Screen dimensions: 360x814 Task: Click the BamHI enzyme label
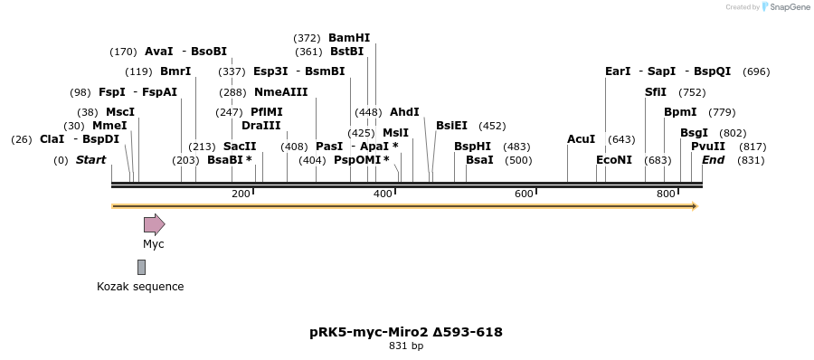click(x=349, y=38)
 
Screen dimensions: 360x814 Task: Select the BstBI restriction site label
click(x=346, y=52)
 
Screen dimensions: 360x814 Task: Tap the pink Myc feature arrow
click(x=154, y=224)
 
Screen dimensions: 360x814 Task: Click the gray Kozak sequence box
click(x=141, y=267)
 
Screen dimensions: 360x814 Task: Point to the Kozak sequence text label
click(x=140, y=287)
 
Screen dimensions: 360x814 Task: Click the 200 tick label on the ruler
click(x=241, y=194)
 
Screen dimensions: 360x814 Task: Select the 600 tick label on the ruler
click(x=524, y=194)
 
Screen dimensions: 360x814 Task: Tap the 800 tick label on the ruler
click(x=666, y=194)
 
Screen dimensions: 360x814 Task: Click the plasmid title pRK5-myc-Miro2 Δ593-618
click(x=406, y=332)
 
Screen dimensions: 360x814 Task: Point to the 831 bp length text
click(x=406, y=346)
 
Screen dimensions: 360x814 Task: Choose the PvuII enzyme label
click(x=708, y=147)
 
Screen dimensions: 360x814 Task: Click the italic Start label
click(x=90, y=160)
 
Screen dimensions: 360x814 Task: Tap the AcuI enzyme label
click(x=581, y=139)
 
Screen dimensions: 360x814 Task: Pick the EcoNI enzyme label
click(x=614, y=160)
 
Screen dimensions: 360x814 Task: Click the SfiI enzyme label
click(x=656, y=92)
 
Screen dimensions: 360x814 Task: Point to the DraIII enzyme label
click(x=261, y=126)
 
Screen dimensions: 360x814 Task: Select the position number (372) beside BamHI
click(x=307, y=38)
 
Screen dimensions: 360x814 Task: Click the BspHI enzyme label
click(x=472, y=147)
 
